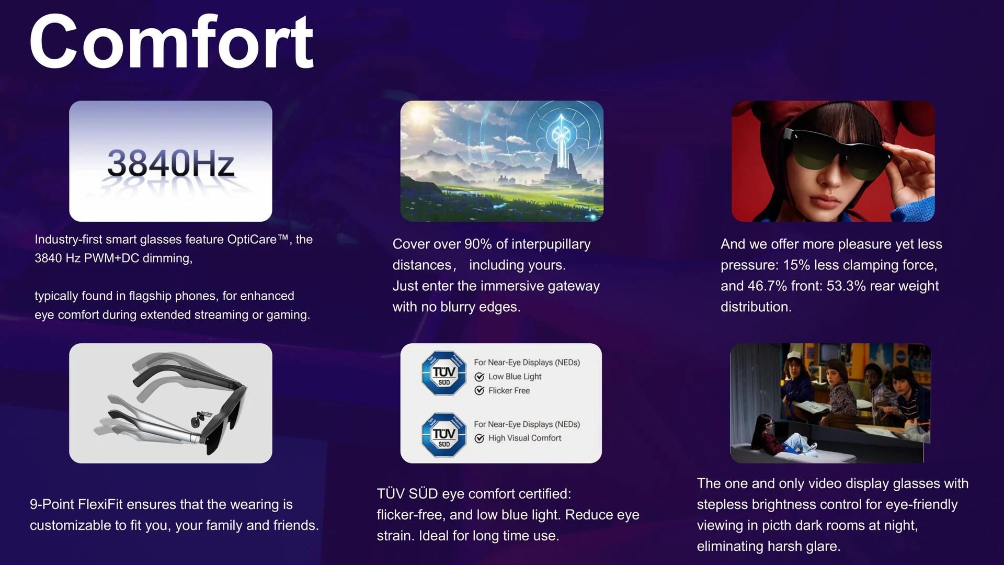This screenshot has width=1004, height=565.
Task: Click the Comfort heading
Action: tap(172, 42)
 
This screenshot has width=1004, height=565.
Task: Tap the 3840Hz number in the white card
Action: tap(170, 163)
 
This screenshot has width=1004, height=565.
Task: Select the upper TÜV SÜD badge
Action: tap(444, 373)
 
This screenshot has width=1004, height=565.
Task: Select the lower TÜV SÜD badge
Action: tap(444, 435)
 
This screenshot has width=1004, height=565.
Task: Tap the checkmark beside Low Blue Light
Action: tap(479, 377)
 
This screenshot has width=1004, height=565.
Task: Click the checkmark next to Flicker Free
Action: tap(479, 391)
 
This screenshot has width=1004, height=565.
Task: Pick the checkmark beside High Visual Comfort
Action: tap(479, 438)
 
